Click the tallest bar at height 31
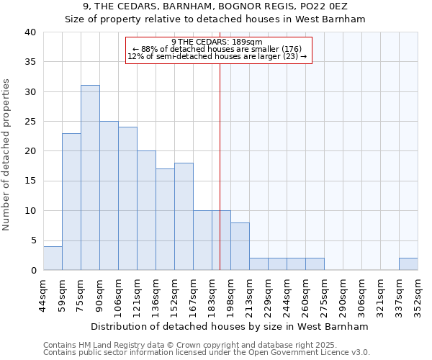click(x=90, y=178)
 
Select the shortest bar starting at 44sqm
click(x=53, y=258)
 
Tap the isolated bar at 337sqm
click(x=408, y=264)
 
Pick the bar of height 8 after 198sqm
click(x=240, y=246)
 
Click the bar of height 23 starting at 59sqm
click(x=71, y=202)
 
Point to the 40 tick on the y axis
click(x=30, y=32)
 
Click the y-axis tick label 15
click(x=30, y=181)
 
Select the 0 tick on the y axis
click(x=33, y=270)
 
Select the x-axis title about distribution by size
click(x=230, y=326)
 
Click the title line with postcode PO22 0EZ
click(x=215, y=7)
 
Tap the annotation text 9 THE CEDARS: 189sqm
click(x=218, y=42)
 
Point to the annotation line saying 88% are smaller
click(x=218, y=49)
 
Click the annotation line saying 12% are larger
click(x=218, y=56)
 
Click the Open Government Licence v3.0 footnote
click(x=207, y=353)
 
